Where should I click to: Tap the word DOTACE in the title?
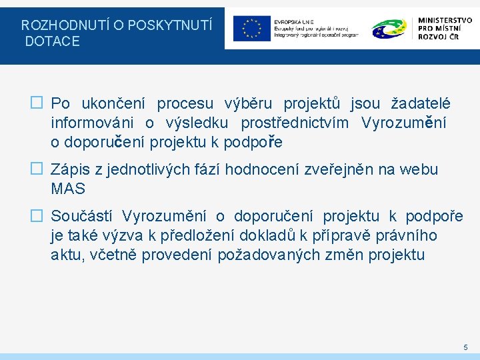click(x=53, y=41)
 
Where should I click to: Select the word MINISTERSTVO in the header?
click(x=445, y=21)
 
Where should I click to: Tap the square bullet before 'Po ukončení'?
click(x=37, y=103)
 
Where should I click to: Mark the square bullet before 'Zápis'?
click(x=37, y=169)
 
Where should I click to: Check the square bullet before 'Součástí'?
click(x=37, y=216)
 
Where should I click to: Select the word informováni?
click(x=92, y=123)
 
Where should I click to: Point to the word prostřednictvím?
click(x=294, y=123)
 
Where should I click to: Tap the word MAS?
click(x=68, y=189)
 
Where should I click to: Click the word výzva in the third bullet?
click(x=131, y=235)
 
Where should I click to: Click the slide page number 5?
click(x=465, y=347)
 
